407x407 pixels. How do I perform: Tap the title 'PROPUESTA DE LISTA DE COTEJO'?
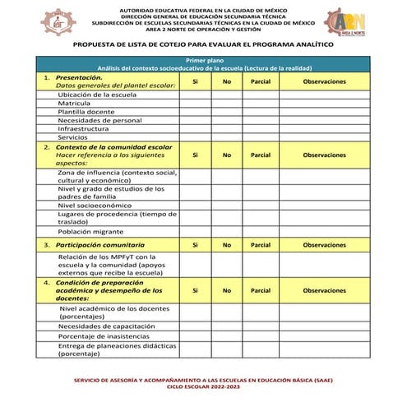pos(203,45)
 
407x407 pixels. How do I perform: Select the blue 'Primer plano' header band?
pos(204,64)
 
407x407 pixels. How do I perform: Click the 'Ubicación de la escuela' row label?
pos(96,95)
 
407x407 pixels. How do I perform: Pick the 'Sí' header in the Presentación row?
pos(194,82)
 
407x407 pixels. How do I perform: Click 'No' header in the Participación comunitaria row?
pos(226,245)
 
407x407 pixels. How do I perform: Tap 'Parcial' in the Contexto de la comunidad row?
pos(260,154)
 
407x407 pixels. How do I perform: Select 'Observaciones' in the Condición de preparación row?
pos(324,290)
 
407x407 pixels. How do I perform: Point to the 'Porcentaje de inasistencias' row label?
pos(104,336)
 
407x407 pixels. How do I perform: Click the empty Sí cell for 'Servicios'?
pos(194,136)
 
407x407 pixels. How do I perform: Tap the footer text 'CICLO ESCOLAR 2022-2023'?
pos(204,386)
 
